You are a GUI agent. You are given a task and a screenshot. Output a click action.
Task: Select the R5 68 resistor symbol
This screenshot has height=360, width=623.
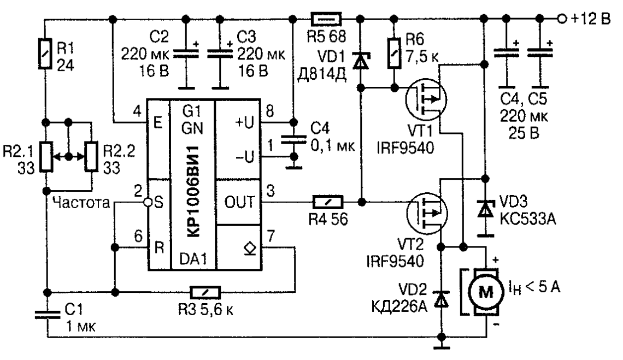326,20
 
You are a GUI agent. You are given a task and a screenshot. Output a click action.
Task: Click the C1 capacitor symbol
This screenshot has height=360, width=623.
47,314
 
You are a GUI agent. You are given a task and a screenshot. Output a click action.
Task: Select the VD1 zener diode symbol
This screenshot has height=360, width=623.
360,60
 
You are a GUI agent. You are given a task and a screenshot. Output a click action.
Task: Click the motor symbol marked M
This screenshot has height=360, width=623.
485,290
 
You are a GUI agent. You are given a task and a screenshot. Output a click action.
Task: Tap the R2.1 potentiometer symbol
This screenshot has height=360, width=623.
47,156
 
